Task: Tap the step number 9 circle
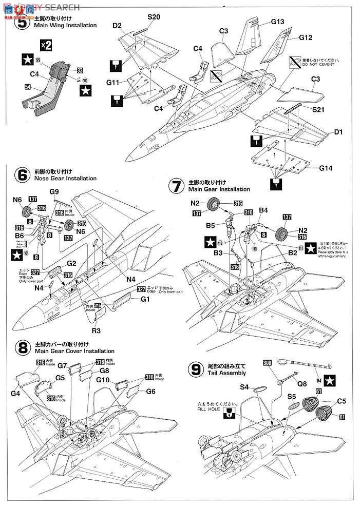click(196, 368)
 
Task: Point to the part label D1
click(338, 132)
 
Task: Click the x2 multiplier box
click(46, 45)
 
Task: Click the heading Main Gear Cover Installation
click(74, 351)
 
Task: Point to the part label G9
click(55, 192)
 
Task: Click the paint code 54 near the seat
click(27, 88)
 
